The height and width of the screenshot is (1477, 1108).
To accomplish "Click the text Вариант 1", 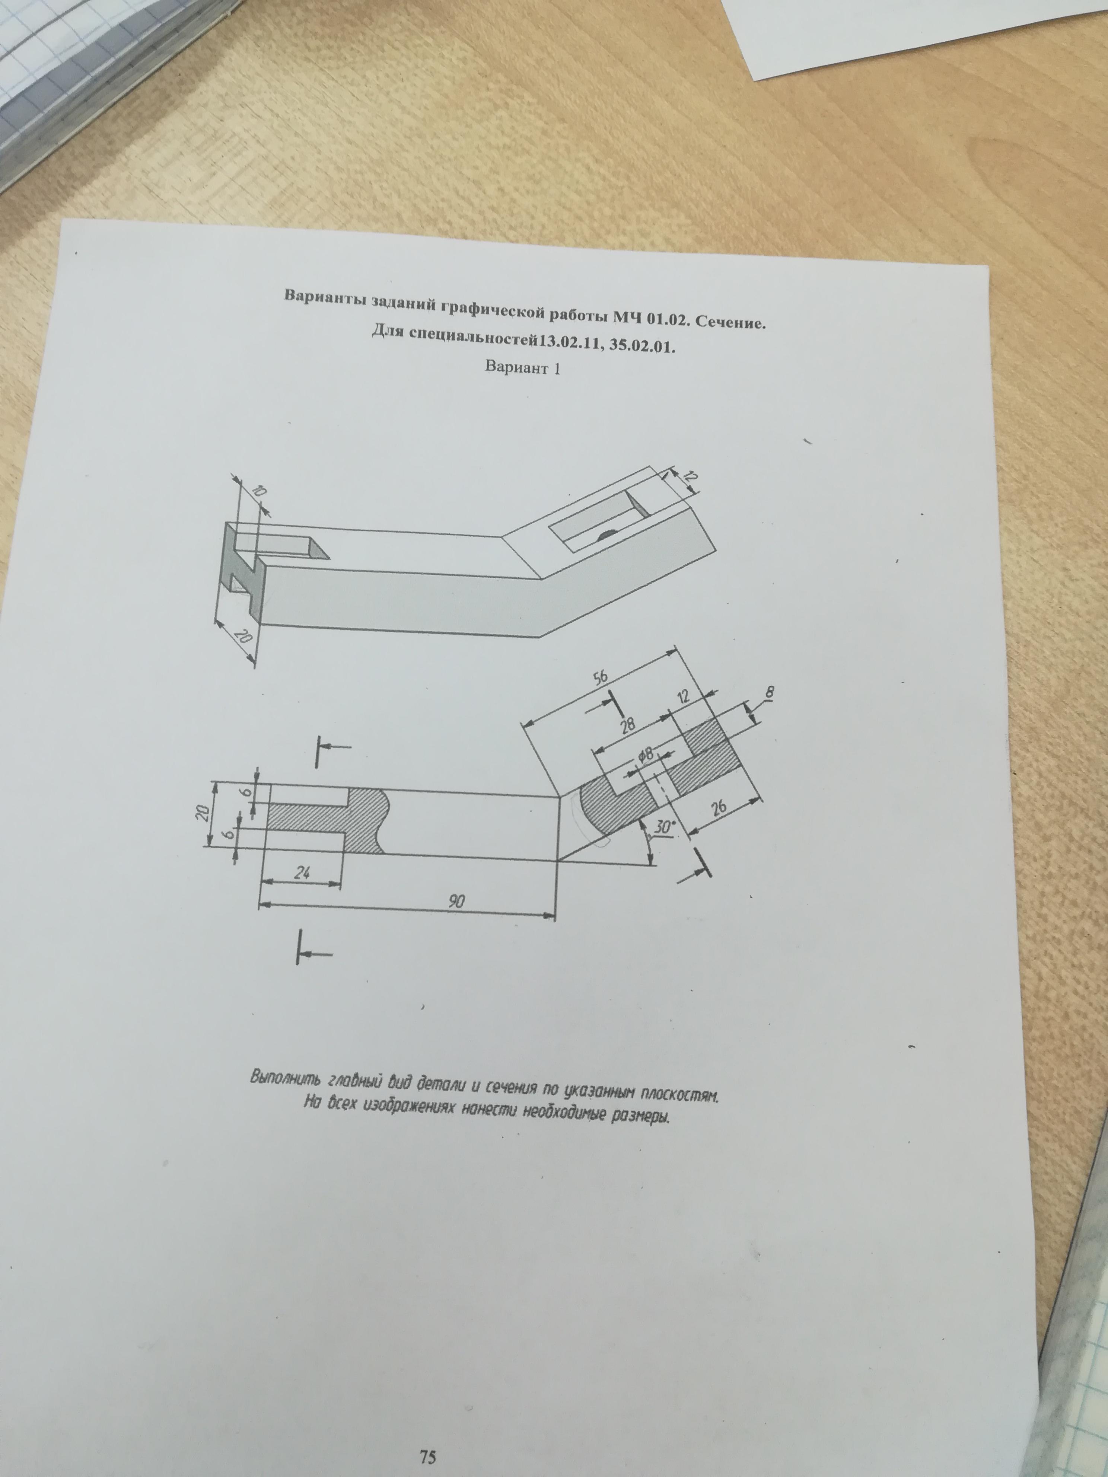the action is coord(522,367).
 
